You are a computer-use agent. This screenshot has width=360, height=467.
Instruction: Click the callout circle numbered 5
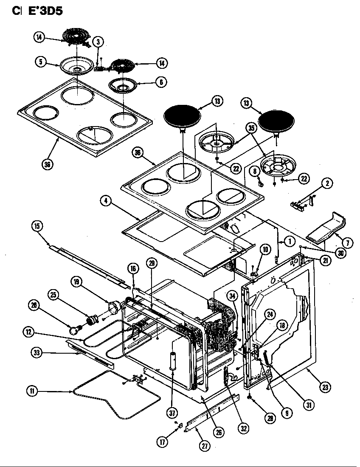tap(41, 62)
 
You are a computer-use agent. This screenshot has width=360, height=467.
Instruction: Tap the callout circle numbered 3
tap(98, 42)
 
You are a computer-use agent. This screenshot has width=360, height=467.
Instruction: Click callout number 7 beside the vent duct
tap(347, 243)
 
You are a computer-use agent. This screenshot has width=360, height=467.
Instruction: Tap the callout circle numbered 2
tap(326, 184)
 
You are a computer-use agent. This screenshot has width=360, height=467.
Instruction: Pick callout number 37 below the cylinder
tap(172, 412)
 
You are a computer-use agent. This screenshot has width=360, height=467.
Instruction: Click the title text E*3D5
tap(45, 11)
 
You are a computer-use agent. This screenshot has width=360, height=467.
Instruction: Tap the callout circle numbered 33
tap(36, 352)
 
